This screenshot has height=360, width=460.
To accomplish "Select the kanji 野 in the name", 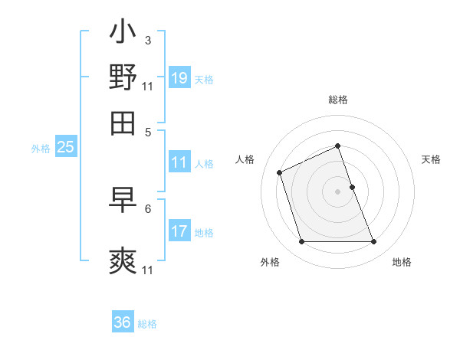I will pyautogui.click(x=123, y=77).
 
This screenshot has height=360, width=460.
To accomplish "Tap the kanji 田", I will pyautogui.click(x=123, y=122).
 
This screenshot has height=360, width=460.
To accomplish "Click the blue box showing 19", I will pyautogui.click(x=179, y=77).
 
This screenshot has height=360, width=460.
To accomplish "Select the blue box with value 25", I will pyautogui.click(x=65, y=147).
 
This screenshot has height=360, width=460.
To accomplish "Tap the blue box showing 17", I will pyautogui.click(x=179, y=231).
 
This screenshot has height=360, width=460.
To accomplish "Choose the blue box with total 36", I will pyautogui.click(x=123, y=322).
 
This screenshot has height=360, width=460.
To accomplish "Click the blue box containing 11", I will pyautogui.click(x=179, y=162).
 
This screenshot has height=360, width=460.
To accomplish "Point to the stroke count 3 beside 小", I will pyautogui.click(x=147, y=38).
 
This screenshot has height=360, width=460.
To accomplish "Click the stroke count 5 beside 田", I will pyautogui.click(x=147, y=131).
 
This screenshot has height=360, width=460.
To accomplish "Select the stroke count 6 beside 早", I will pyautogui.click(x=147, y=208).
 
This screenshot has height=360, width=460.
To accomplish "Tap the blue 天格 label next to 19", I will pyautogui.click(x=203, y=79).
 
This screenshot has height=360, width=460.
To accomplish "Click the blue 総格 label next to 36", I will pyautogui.click(x=147, y=324).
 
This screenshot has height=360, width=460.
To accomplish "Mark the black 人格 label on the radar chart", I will pyautogui.click(x=245, y=159).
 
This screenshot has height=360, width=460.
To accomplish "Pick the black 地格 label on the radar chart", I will pyautogui.click(x=402, y=262).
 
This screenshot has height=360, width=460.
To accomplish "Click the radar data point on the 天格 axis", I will pyautogui.click(x=352, y=187).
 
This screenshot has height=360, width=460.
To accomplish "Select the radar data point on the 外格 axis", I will pyautogui.click(x=301, y=242).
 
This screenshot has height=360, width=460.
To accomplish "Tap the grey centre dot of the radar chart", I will pyautogui.click(x=337, y=191).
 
